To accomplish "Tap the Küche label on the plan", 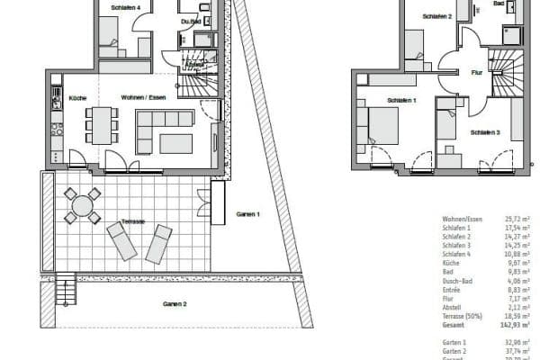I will tap(76, 97).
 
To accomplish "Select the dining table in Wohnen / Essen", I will tap(102, 124).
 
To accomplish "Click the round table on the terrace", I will tap(82, 205).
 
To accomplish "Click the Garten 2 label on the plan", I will tap(174, 304).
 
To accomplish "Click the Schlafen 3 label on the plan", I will tap(485, 133).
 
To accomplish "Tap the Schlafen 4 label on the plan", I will tap(125, 7).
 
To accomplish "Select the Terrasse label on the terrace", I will tap(131, 221).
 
